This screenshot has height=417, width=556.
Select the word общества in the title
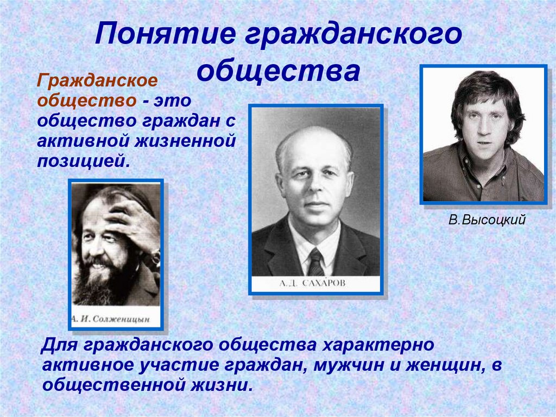tap(279, 71)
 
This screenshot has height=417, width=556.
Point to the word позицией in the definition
tap(84, 161)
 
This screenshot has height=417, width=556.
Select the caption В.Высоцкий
tap(487, 221)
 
